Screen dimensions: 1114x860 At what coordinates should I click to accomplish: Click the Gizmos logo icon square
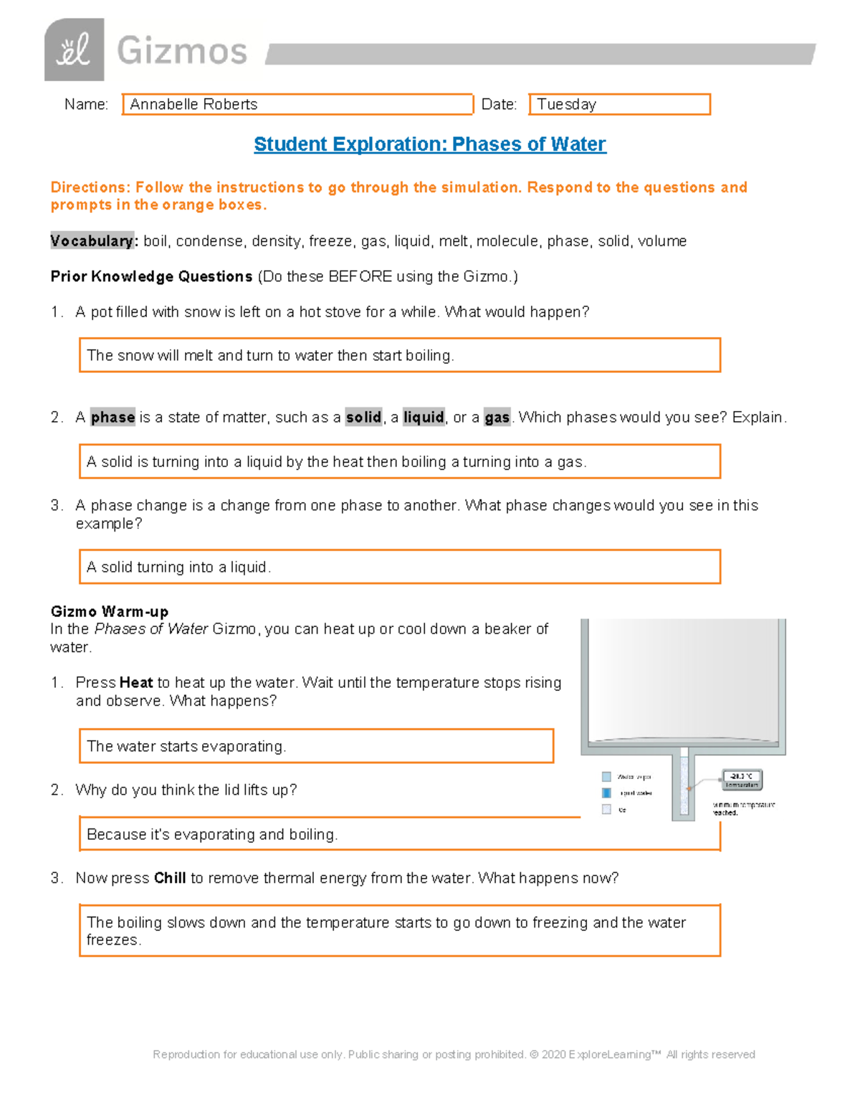pos(74,50)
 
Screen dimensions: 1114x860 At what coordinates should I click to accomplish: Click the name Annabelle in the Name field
pos(162,105)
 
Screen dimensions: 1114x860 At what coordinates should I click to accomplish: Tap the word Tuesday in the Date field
pos(566,105)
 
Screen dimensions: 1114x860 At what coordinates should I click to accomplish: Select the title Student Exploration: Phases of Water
pos(429,144)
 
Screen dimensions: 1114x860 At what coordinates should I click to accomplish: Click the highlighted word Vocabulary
pos(92,241)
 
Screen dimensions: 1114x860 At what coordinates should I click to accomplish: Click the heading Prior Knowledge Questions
pos(151,277)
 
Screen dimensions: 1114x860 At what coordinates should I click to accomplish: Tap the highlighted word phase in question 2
pos(113,417)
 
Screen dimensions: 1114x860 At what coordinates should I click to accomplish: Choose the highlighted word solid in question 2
pos(363,417)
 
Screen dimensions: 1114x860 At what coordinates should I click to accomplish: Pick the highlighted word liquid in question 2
pos(424,417)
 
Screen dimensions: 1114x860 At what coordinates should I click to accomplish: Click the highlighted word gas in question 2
pos(497,417)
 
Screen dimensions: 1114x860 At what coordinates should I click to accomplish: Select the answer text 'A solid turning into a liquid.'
pos(178,567)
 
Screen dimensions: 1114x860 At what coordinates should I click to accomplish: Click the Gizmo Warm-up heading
pos(109,612)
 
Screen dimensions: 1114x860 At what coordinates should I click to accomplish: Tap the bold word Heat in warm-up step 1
pos(135,683)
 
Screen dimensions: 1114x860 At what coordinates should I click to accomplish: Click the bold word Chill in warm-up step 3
pos(170,878)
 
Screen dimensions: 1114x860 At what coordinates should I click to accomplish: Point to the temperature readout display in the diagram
pos(741,779)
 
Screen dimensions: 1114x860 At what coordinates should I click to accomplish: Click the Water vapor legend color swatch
pos(606,777)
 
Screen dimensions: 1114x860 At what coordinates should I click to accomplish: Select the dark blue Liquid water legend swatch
pos(606,793)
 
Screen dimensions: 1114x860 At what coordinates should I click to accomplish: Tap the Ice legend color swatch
pos(606,809)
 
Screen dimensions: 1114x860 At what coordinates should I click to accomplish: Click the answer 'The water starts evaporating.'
pos(186,747)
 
